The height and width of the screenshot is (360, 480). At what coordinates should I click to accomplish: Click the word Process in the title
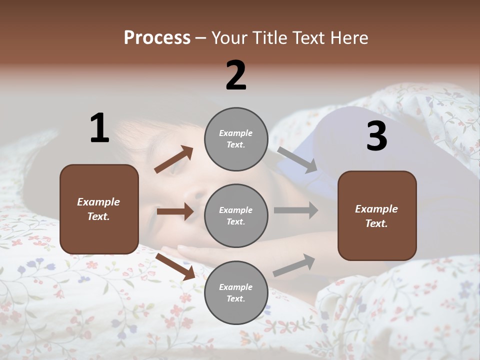157,37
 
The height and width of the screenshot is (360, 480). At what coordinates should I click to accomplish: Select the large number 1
99,128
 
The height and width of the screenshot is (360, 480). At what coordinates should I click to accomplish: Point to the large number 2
236,75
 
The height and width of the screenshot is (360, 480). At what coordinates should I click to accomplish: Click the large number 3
376,136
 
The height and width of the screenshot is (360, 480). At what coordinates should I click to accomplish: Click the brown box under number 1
99,209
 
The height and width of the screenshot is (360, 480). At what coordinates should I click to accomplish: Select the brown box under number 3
377,215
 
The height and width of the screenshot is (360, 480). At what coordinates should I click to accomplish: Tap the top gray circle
236,139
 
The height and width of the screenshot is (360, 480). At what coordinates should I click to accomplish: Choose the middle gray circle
236,215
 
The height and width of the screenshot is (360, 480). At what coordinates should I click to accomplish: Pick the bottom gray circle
236,292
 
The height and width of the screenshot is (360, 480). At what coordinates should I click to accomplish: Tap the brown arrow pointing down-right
175,266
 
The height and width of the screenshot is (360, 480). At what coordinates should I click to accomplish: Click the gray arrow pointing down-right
297,159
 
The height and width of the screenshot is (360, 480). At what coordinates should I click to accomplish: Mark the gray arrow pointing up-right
294,265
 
